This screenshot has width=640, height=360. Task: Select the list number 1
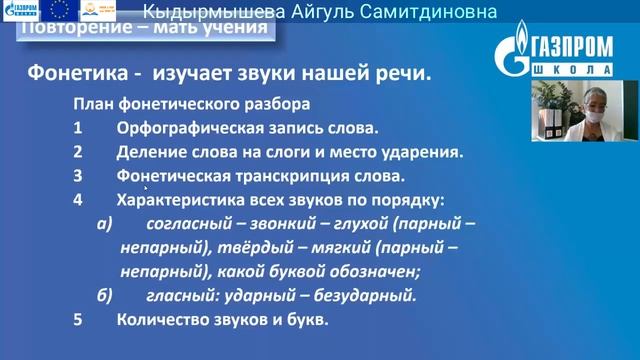click(77, 129)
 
